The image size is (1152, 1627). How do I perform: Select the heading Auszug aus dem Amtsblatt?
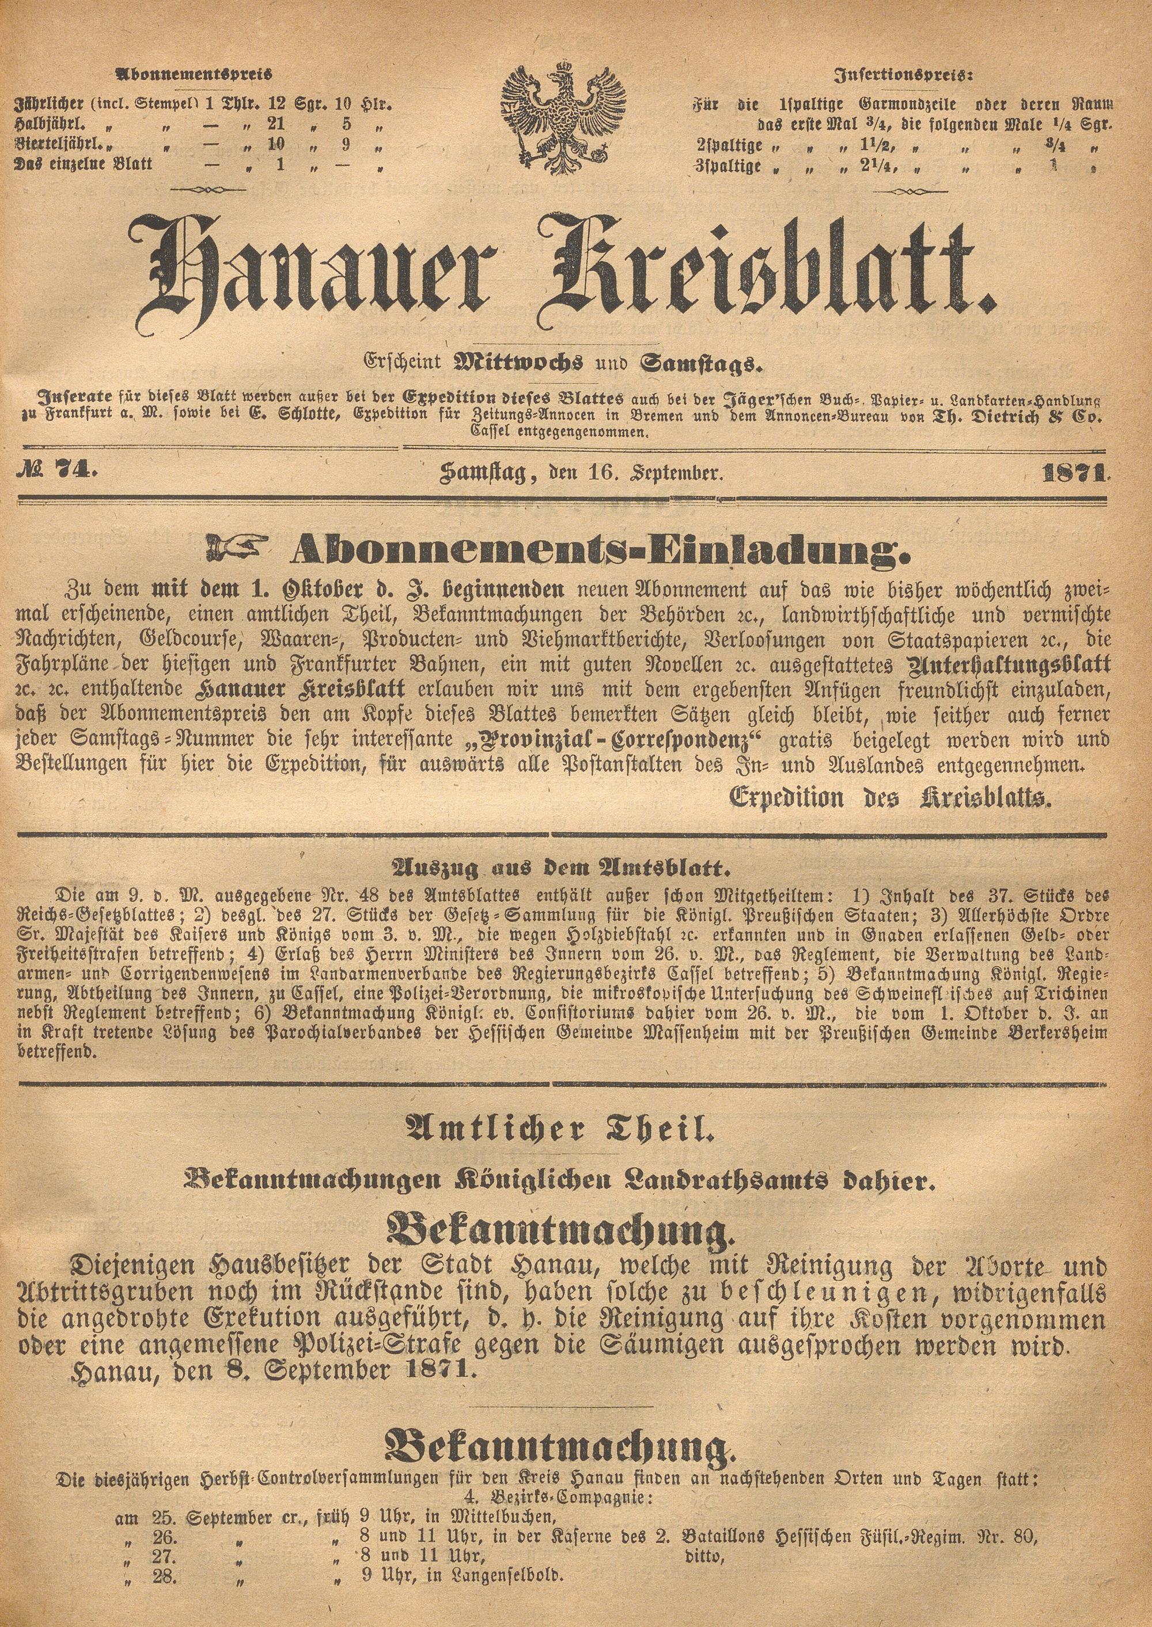click(x=563, y=870)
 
